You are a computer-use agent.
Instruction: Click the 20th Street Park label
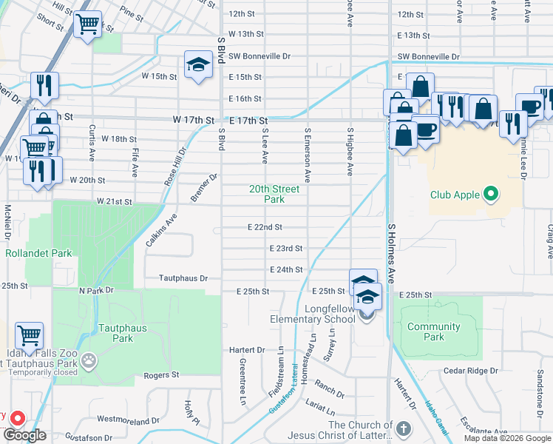274,194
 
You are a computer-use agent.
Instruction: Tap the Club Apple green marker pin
489,195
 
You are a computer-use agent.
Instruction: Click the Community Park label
433,332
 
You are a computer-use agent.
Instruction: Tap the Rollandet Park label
38,253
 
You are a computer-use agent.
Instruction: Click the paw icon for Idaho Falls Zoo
89,361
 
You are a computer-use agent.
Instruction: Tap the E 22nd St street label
265,227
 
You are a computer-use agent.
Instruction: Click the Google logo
25,435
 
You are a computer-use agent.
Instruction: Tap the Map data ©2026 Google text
508,438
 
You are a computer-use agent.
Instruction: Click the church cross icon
404,428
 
